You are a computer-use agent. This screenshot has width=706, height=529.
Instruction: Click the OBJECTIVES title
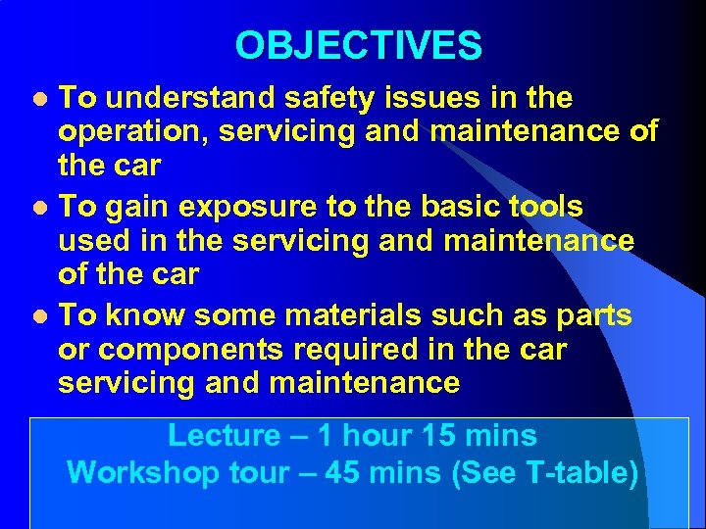358,45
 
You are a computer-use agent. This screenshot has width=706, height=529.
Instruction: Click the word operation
133,130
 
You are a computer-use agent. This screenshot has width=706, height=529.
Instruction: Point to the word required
367,350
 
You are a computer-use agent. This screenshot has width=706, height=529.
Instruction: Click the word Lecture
224,435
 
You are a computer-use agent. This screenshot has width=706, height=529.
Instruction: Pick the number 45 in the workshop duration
341,472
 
